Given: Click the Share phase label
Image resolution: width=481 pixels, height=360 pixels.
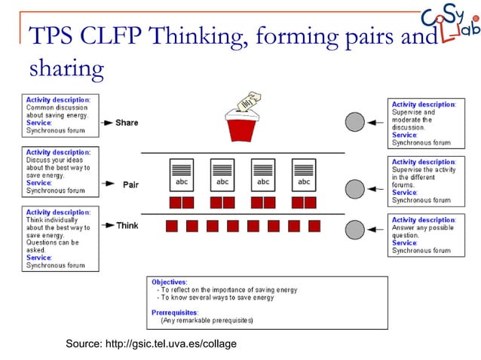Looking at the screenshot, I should [x=127, y=122].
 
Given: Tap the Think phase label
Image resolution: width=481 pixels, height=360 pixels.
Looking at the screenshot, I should [x=127, y=225].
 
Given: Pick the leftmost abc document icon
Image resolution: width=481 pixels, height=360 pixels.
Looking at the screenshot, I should [x=182, y=174].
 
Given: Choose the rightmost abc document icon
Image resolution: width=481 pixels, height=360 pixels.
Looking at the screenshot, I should [x=304, y=174].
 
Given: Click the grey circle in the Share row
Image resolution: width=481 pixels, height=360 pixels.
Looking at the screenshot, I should [x=354, y=121].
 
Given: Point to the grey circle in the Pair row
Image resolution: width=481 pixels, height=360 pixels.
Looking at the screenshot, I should [x=354, y=188].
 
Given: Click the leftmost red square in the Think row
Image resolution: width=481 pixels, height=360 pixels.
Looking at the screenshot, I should [x=171, y=226].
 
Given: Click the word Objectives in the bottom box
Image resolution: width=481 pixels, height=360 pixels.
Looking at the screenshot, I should [x=170, y=282].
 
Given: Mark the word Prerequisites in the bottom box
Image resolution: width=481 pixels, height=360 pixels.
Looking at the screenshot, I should [x=175, y=312].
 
